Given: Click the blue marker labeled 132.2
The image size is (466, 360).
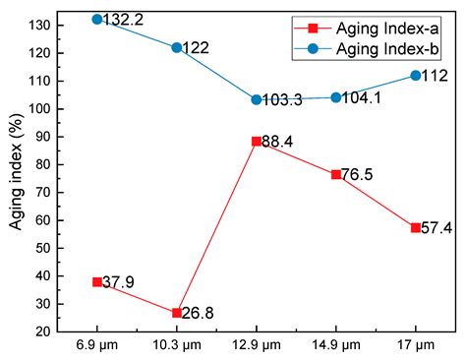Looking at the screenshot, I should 97,19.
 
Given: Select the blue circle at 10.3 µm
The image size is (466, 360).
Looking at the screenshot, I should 177,47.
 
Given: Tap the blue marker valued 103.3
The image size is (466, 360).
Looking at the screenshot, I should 257,99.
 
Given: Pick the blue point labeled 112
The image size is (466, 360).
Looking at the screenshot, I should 416,75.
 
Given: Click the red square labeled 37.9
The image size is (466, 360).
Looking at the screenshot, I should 97,281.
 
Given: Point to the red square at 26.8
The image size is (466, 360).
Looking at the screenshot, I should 177,313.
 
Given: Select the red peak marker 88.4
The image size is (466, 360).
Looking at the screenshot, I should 257,141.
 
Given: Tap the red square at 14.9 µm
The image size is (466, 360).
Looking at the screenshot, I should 336,174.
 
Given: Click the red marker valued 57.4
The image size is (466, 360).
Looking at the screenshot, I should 416,227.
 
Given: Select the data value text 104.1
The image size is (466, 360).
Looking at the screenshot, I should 365,97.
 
